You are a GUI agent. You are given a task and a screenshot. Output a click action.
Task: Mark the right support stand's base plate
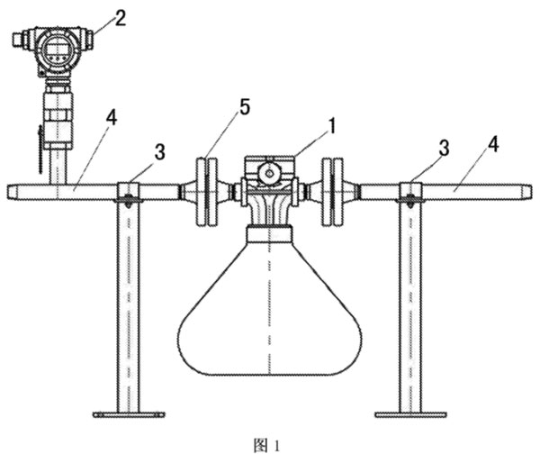(x=410, y=414)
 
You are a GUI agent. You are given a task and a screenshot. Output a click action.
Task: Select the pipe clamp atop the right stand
(x=411, y=191)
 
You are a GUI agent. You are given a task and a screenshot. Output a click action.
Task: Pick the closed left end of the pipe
(x=10, y=190)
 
